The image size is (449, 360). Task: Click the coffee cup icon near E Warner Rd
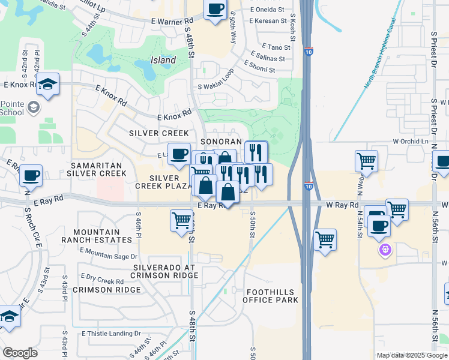tap(215, 10)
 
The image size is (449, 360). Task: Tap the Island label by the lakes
tap(163, 60)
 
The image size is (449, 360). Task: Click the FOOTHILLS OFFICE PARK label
tap(271, 295)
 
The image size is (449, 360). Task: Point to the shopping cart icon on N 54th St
tap(366, 161)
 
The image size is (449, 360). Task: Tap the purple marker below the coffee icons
tap(384, 248)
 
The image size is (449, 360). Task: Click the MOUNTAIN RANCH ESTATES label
tap(103, 236)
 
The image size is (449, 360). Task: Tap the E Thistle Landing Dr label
tap(112, 334)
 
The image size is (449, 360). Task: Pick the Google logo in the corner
tap(20, 353)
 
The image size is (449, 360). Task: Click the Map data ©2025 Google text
tap(411, 355)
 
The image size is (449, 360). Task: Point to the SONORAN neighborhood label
tap(220, 140)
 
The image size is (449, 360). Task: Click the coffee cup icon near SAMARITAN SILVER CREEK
tap(31, 176)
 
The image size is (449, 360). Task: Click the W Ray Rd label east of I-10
tap(342, 205)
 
